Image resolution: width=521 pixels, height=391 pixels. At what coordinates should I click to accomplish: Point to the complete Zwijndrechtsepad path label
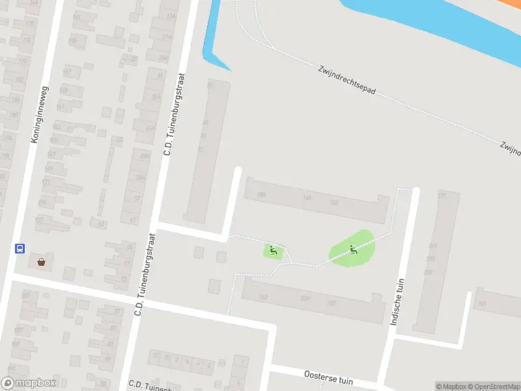point(347,82)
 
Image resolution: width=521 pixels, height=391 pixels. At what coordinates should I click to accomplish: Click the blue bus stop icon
point(20,248)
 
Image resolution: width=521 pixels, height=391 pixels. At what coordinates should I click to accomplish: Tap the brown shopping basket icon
point(42,262)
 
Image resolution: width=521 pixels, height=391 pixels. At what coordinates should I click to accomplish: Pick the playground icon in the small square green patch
point(273,250)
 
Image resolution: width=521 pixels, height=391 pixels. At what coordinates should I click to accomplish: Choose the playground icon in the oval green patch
point(353,248)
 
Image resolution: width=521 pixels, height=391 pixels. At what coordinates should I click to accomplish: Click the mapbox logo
point(29,383)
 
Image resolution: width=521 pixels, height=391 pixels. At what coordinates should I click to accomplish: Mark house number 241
point(432,246)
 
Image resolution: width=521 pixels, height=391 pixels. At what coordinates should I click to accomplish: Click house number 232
point(331,302)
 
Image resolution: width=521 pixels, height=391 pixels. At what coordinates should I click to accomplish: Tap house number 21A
point(167,37)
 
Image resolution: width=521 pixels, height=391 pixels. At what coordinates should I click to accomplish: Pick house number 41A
point(150,128)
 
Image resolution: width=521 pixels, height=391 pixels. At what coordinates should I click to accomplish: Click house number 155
point(72,41)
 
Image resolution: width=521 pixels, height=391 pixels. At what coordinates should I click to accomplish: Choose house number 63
point(101,224)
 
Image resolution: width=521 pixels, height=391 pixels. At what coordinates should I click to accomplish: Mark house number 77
point(117,311)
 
